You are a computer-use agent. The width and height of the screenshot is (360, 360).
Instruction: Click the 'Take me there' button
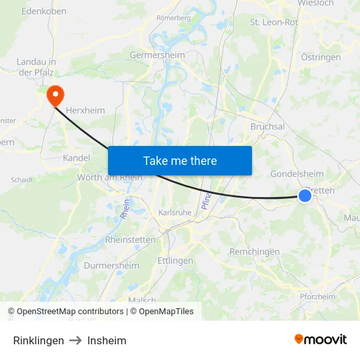[x=180, y=160]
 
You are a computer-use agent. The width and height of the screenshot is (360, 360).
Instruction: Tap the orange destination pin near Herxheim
[x=54, y=96]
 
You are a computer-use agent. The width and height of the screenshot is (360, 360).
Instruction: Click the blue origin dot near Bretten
[x=305, y=195]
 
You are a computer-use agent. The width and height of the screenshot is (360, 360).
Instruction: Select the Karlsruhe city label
[x=175, y=213]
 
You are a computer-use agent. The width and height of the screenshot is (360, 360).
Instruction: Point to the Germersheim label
[x=158, y=56]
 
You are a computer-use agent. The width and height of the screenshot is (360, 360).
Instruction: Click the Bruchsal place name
[x=267, y=126]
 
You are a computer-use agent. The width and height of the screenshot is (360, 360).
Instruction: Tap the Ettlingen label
[x=175, y=261]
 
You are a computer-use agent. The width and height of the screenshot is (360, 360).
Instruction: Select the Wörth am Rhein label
[x=109, y=177]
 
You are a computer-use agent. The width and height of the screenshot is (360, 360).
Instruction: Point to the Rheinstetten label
[x=130, y=240]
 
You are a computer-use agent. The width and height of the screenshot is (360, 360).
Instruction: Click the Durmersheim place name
[x=111, y=266]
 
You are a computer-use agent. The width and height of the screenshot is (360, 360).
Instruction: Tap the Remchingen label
[x=255, y=251]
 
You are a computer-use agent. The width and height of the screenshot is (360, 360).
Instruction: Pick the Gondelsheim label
[x=297, y=173]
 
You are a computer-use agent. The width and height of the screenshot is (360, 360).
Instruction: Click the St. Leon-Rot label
[x=274, y=22]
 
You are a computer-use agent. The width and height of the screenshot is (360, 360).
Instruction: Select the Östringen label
[x=321, y=57]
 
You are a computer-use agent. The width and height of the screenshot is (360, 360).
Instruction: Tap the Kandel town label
[x=76, y=158]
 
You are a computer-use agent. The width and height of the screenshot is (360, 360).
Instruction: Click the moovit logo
[x=321, y=340]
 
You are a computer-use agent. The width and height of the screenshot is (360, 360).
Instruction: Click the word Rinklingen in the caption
[x=39, y=340]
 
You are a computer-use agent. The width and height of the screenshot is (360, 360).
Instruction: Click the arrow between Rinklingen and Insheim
[x=75, y=340]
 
